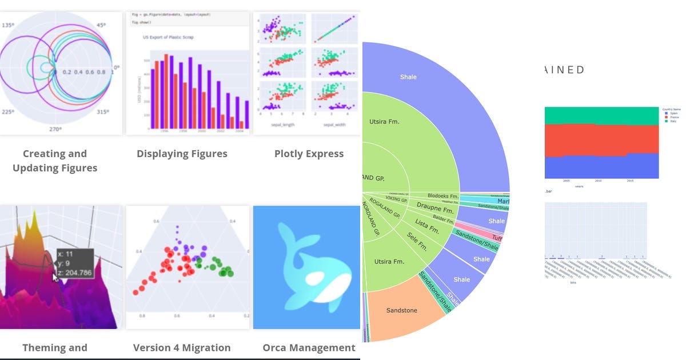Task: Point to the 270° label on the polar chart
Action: click(55, 129)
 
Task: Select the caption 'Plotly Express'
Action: click(309, 153)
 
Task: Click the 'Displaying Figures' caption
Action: click(182, 153)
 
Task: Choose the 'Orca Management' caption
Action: click(309, 347)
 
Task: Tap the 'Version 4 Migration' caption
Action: click(182, 347)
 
